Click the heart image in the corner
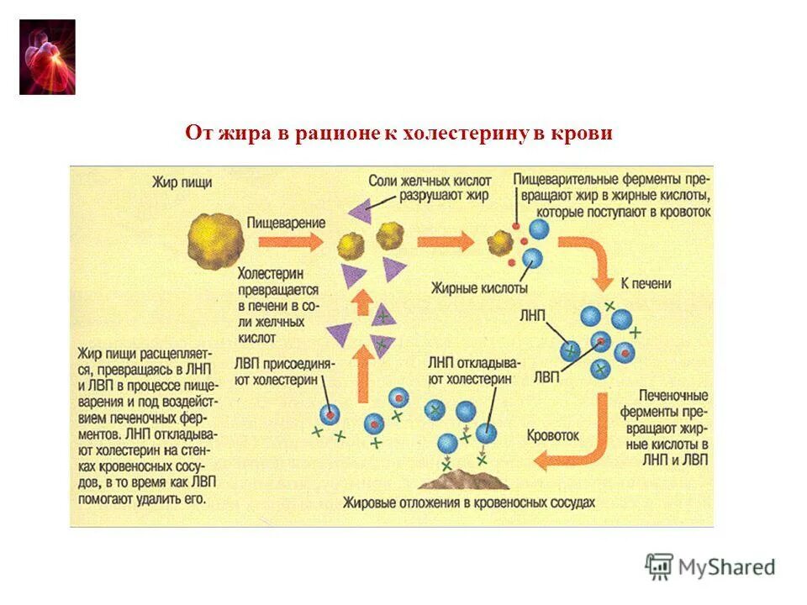tap(47, 56)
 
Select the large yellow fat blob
tap(216, 240)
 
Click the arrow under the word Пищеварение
tap(290, 242)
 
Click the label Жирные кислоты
tap(468, 287)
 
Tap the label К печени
tap(646, 283)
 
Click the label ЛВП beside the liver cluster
tap(547, 376)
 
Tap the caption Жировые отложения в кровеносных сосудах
tap(468, 502)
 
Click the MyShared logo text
tap(726, 568)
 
